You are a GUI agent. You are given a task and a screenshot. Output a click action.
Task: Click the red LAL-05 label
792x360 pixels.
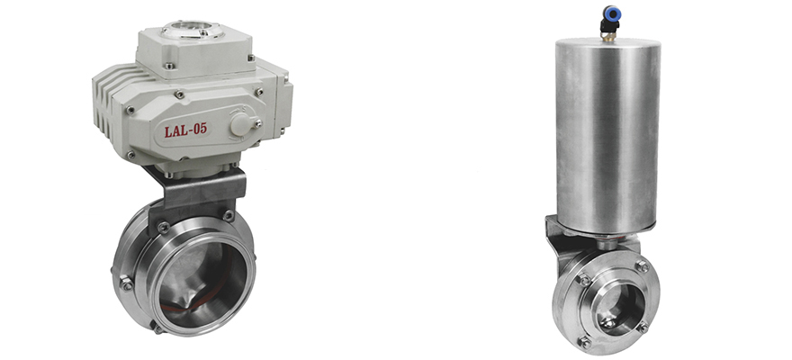pos(185,130)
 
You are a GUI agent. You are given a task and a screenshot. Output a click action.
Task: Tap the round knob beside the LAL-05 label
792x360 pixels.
pos(240,124)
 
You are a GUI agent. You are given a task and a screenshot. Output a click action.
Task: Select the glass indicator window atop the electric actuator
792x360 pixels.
pos(193,30)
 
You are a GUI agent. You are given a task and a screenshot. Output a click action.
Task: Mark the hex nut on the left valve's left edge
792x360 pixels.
pos(126,283)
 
